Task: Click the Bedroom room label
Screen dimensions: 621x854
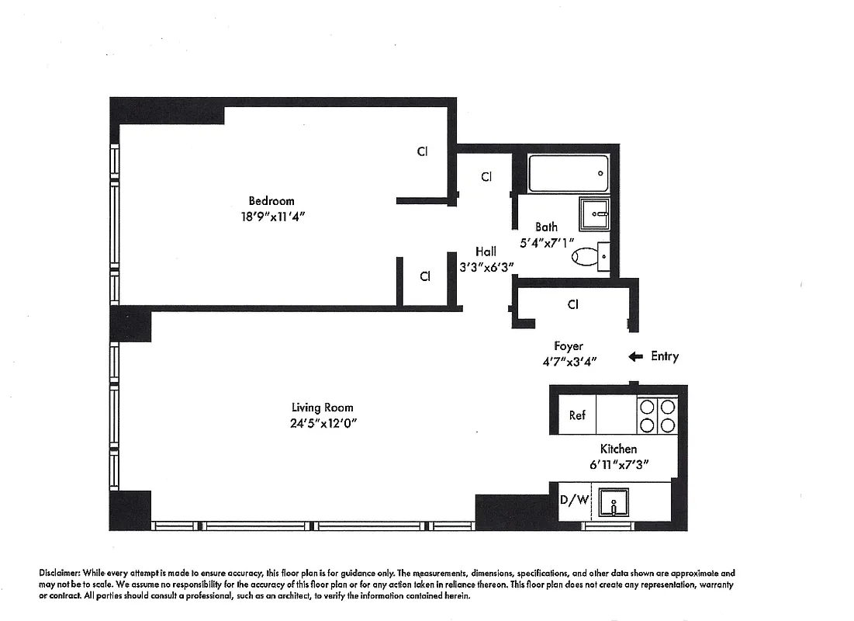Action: [271, 200]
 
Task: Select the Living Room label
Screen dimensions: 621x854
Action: [322, 408]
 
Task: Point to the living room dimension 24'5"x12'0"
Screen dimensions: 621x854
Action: [322, 423]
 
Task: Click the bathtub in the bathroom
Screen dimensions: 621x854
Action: [569, 174]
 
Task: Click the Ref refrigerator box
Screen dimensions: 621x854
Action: [577, 415]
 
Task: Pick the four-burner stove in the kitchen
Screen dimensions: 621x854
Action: [656, 415]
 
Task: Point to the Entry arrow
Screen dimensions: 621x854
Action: [635, 356]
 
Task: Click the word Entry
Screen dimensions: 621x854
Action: [665, 356]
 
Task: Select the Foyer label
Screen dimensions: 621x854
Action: [568, 346]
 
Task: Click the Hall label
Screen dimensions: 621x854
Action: [486, 252]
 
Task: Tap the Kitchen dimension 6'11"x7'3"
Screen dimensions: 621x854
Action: [618, 464]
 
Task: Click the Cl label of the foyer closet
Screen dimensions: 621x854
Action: [572, 304]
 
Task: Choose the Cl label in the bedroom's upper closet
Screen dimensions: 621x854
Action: [422, 151]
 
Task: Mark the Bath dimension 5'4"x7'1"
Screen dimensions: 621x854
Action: [546, 242]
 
